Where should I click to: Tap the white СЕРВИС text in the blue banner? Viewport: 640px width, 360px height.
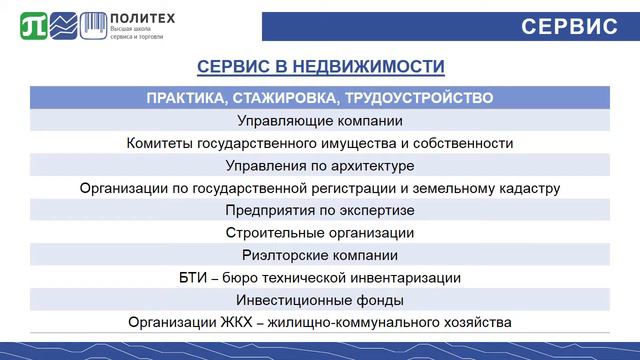tap(570, 26)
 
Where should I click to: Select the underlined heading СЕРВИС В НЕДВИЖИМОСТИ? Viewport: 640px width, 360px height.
tap(320, 68)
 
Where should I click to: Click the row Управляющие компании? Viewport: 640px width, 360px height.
tap(320, 120)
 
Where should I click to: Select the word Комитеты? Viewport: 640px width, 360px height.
tap(158, 143)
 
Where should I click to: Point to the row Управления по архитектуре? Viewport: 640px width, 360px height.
tap(320, 165)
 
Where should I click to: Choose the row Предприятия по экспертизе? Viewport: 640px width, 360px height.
tap(320, 210)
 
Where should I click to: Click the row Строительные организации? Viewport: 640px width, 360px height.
tap(320, 233)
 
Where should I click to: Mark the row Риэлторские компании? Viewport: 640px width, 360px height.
tap(320, 255)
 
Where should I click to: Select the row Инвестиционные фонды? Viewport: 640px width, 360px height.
tap(320, 300)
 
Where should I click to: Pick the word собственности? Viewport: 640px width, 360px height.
tap(462, 143)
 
